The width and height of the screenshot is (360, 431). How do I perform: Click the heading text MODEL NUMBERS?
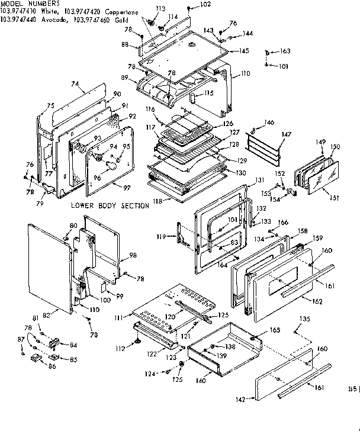point(24,3)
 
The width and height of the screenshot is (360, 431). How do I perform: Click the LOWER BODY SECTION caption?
point(110,205)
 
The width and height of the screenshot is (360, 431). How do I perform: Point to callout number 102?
point(204,5)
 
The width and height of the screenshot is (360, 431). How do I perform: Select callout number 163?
point(284,52)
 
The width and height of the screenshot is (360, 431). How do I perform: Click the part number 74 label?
point(75,85)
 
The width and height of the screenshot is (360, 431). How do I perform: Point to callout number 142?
point(239,400)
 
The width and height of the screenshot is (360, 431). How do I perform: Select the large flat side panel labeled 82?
point(49,266)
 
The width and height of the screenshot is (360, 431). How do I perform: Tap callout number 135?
point(304,320)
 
